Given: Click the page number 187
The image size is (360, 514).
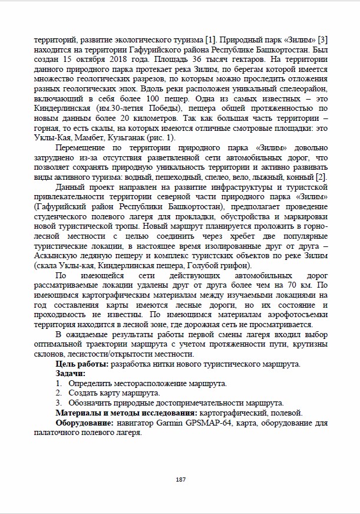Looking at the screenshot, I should tap(180, 479).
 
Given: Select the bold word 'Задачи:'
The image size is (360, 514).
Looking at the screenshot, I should tap(71, 374).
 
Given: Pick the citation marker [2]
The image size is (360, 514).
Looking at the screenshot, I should tap(321, 177).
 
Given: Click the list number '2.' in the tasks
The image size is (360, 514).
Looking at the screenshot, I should tap(59, 393).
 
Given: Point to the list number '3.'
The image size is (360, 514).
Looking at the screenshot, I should tap(59, 403).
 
